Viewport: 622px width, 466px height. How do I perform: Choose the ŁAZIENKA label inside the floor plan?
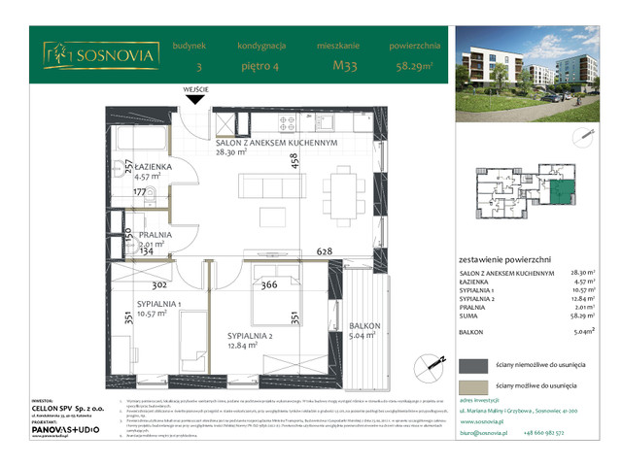click(127, 166)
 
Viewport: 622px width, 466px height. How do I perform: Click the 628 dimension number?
click(325, 251)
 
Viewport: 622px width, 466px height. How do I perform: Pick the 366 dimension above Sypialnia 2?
click(269, 284)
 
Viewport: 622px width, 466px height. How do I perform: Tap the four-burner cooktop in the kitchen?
click(288, 122)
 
